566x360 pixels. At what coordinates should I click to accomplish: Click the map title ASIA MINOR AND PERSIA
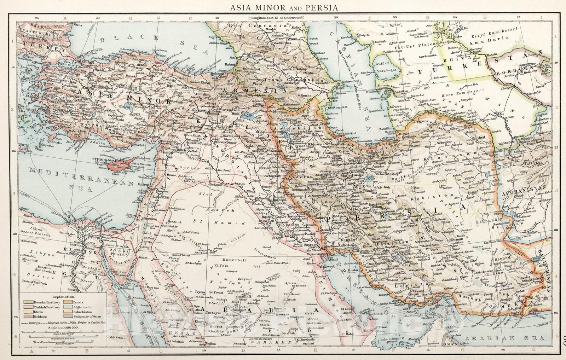(283, 7)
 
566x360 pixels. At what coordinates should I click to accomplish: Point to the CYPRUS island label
(100, 159)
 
